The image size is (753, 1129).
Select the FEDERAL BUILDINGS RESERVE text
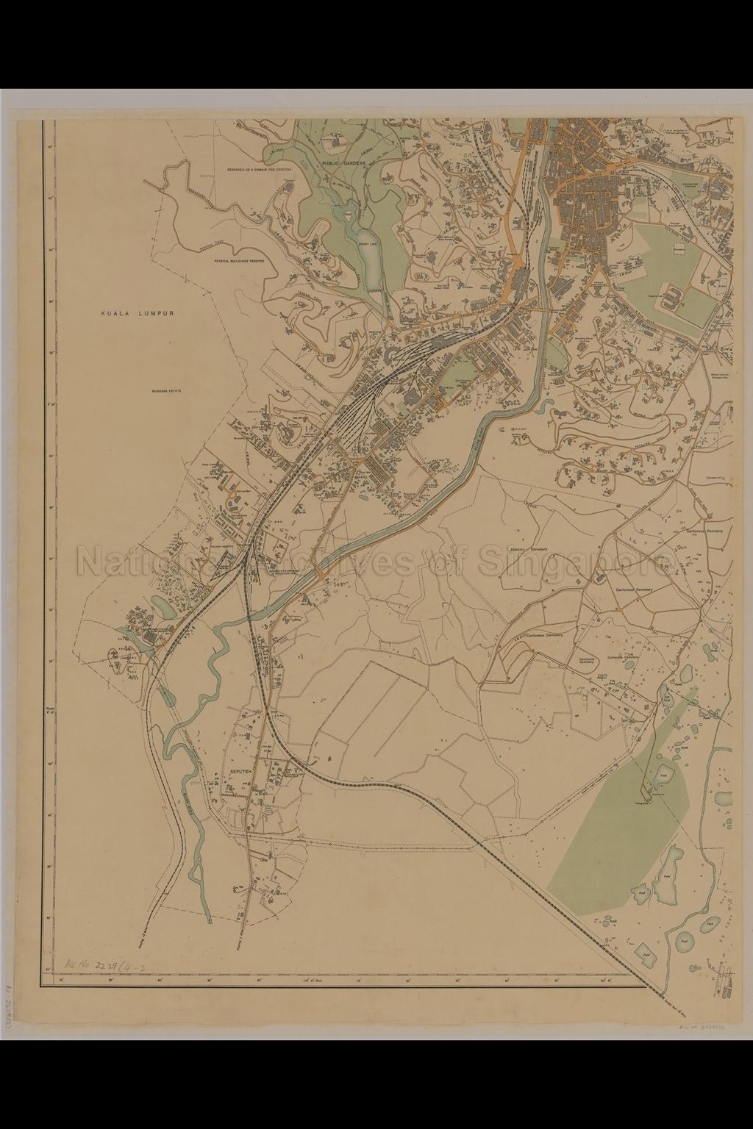(x=240, y=261)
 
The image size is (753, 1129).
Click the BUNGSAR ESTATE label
(x=166, y=392)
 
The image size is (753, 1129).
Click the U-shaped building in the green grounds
(x=673, y=298)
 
